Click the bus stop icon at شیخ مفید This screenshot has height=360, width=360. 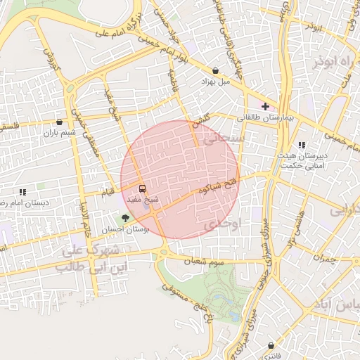coord(143,188)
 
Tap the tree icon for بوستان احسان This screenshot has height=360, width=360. coord(125,218)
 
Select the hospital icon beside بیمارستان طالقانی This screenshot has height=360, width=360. coord(264,105)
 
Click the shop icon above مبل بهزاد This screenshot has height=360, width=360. coord(215,70)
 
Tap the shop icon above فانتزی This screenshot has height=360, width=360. coord(272,345)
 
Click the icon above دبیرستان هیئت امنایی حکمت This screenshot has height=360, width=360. coord(302,145)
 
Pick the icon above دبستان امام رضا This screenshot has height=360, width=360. coord(22,191)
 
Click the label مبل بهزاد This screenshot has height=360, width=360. coord(216,82)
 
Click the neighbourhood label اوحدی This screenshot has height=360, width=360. coord(225,224)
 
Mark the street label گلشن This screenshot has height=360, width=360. coord(200,121)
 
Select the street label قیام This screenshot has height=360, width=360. coord(108,191)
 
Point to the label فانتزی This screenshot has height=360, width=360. coord(272,356)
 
